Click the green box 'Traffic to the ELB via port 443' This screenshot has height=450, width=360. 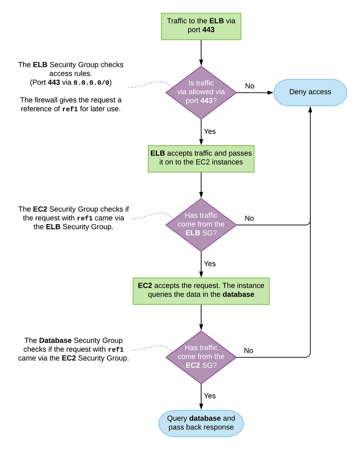click(201, 26)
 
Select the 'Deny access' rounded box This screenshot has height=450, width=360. click(310, 92)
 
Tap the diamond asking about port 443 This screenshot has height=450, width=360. click(201, 92)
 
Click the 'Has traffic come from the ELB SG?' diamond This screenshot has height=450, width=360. click(201, 225)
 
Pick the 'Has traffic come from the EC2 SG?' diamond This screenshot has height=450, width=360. click(201, 357)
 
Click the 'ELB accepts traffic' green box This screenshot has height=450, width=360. click(201, 158)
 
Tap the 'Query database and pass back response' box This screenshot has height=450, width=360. click(201, 423)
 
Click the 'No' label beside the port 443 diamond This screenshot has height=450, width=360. click(249, 86)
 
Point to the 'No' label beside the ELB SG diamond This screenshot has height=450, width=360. click(249, 218)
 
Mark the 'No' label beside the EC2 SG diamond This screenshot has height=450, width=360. click(248, 351)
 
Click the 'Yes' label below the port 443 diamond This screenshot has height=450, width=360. click(210, 132)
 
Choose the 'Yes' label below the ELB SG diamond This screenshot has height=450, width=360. click(210, 264)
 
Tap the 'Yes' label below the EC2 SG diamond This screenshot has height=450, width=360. click(210, 396)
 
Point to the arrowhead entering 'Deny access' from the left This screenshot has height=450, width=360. click(270, 93)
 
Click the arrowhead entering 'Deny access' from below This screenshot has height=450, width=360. click(310, 109)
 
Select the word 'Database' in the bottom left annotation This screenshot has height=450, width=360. click(56, 340)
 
